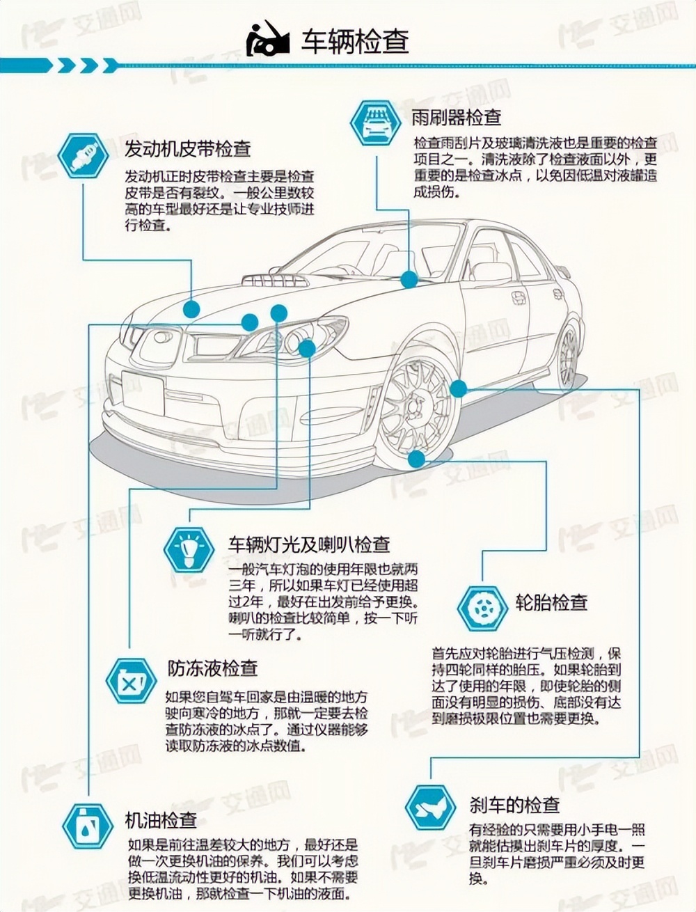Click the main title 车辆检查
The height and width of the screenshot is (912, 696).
pyautogui.click(x=354, y=41)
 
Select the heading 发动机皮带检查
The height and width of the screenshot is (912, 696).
pyautogui.click(x=187, y=148)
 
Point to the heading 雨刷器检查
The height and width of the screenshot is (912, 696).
pyautogui.click(x=457, y=116)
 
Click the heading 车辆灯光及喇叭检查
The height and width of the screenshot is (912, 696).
pyautogui.click(x=309, y=544)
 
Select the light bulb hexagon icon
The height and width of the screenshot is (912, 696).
pyautogui.click(x=190, y=549)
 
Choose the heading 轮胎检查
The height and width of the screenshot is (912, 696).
pyautogui.click(x=552, y=602)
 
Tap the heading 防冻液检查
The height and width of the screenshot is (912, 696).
pyautogui.click(x=213, y=668)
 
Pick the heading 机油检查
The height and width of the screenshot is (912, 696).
pyautogui.click(x=161, y=820)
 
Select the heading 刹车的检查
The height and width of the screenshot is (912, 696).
pyautogui.click(x=515, y=805)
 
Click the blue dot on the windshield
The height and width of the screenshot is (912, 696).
pyautogui.click(x=409, y=279)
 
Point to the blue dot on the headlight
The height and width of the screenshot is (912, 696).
pyautogui.click(x=307, y=347)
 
